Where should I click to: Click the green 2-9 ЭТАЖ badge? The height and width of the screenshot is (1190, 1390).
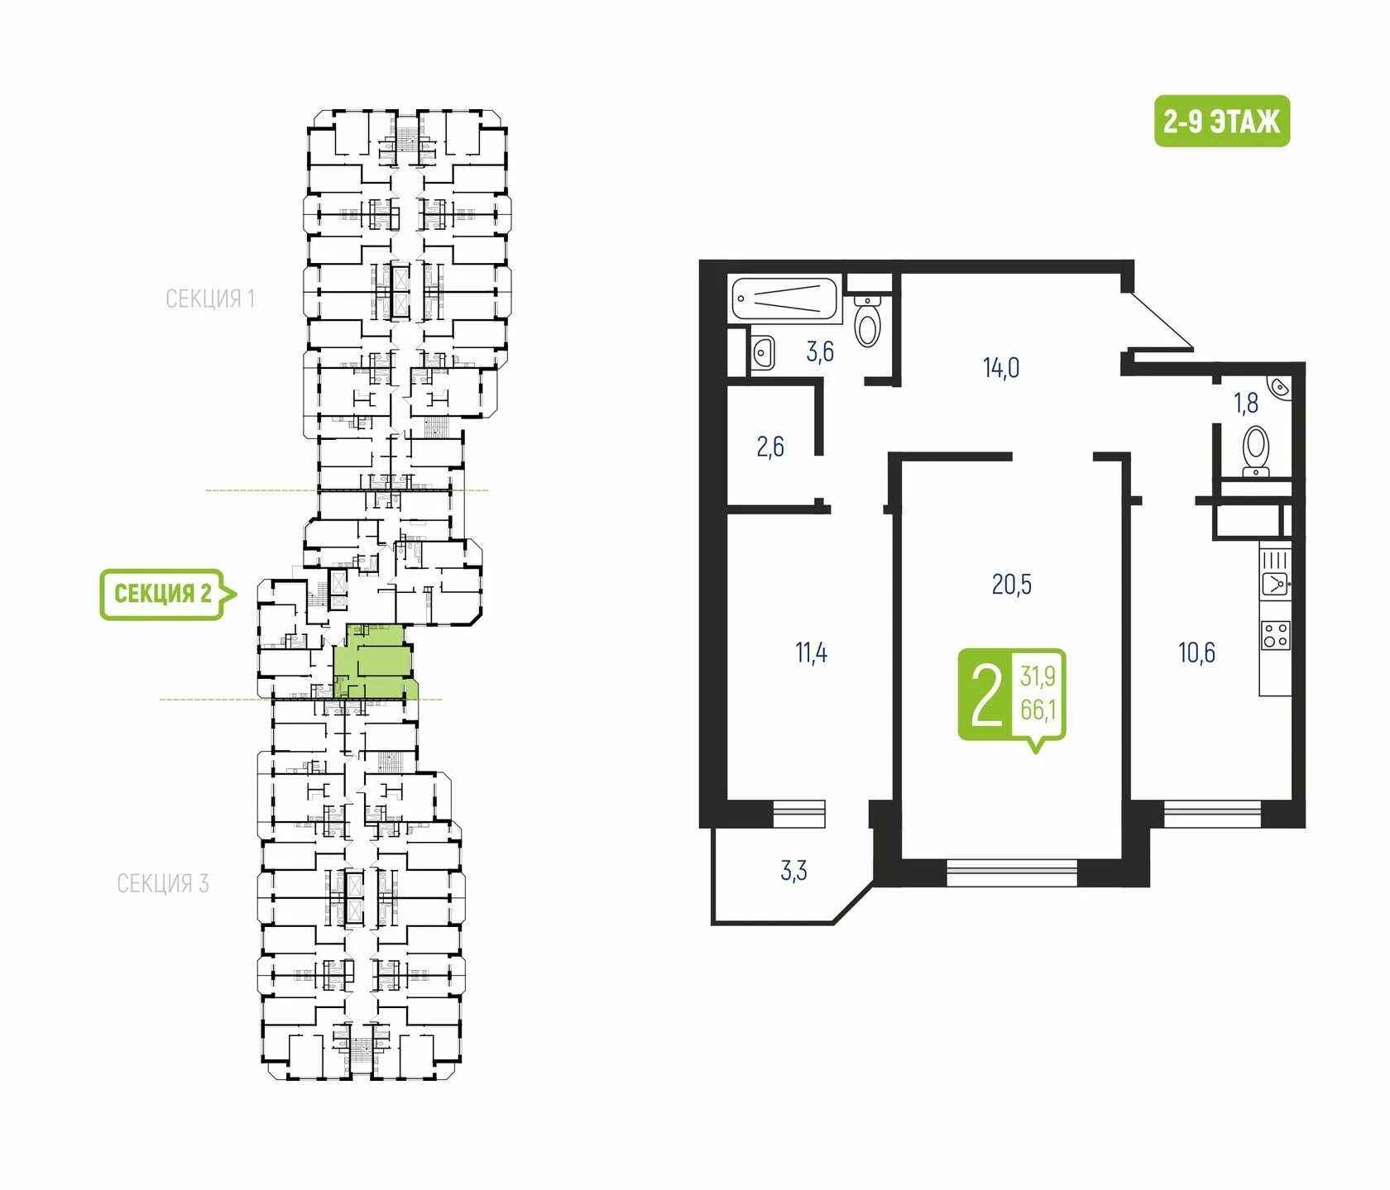1221,122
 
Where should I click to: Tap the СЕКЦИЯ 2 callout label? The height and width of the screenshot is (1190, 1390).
163,593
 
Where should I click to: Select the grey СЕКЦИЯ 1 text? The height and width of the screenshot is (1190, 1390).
210,299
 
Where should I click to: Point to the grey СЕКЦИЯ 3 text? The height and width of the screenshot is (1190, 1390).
162,883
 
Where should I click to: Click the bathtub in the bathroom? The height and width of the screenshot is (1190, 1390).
784,299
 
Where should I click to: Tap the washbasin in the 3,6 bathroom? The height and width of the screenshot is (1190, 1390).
763,352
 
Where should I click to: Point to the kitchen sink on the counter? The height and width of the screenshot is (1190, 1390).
1275,585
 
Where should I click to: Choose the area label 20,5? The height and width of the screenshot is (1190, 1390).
1011,585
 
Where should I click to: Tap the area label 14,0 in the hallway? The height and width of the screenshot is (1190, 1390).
1000,367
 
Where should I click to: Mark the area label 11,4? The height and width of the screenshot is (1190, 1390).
811,652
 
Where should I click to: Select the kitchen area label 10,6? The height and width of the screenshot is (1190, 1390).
1196,652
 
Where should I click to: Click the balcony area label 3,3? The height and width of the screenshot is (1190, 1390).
793,871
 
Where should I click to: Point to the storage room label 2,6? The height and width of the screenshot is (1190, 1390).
769,447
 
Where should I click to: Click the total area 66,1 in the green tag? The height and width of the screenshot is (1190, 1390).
1038,710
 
